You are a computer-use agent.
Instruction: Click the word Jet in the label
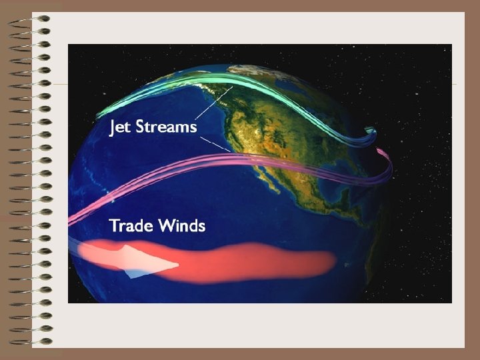coord(121,127)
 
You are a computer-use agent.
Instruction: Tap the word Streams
coord(167,127)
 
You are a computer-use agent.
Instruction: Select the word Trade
coord(131,225)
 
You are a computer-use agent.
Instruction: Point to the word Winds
coord(181,225)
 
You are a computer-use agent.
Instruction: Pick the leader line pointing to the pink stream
coord(217,145)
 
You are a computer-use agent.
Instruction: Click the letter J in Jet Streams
coord(113,127)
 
